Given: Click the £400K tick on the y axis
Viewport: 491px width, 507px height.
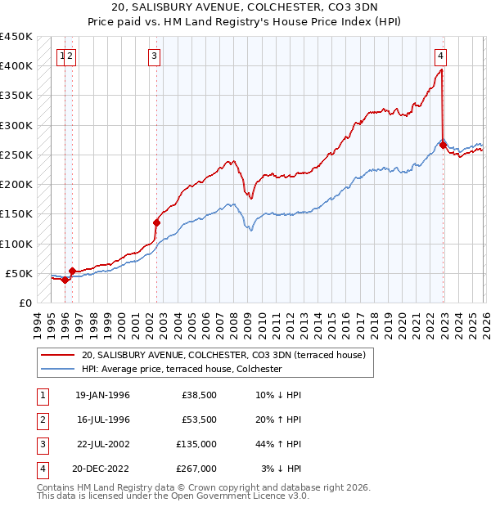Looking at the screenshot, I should tap(17, 66).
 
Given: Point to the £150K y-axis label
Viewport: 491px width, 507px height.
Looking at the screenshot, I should tap(17, 214).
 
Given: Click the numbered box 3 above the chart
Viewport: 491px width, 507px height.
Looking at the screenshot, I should tap(154, 56).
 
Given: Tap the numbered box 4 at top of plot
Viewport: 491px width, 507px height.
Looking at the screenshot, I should tap(440, 56).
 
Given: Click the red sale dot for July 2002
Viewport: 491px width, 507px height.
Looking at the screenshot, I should tap(157, 222).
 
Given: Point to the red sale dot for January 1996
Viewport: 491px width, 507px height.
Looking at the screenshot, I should tap(65, 280).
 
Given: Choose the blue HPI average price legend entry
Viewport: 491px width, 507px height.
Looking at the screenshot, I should tap(182, 370).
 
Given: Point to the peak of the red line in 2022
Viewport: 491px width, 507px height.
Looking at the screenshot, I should tap(441, 70).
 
